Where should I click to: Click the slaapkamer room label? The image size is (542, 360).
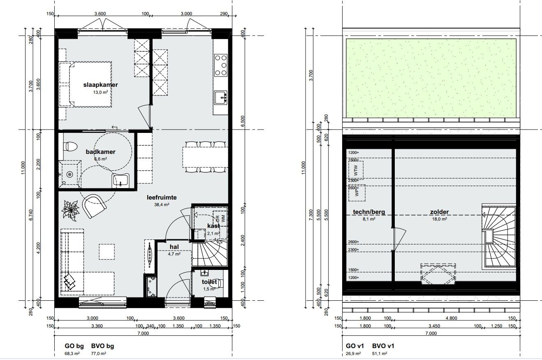pos(100,85)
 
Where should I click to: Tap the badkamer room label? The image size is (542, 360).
pos(100,152)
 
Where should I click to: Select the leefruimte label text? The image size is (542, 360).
pos(162,197)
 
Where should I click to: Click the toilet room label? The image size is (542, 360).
pos(209,282)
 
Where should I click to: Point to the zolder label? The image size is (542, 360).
pos(439,212)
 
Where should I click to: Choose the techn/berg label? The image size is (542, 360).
pos(369,212)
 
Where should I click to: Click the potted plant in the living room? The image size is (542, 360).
pos(70,210)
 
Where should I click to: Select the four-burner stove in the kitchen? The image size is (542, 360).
pos(221,65)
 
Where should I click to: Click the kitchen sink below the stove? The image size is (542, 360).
pos(221,98)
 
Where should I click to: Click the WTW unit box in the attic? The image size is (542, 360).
pos(356,170)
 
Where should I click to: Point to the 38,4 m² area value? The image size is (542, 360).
pos(162,204)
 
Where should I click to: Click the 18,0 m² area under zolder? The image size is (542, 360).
pos(439,219)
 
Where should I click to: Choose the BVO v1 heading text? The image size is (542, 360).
pos(383,346)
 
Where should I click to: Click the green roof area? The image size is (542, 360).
pos(431,78)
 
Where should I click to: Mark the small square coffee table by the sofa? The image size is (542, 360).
pos(107,251)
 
